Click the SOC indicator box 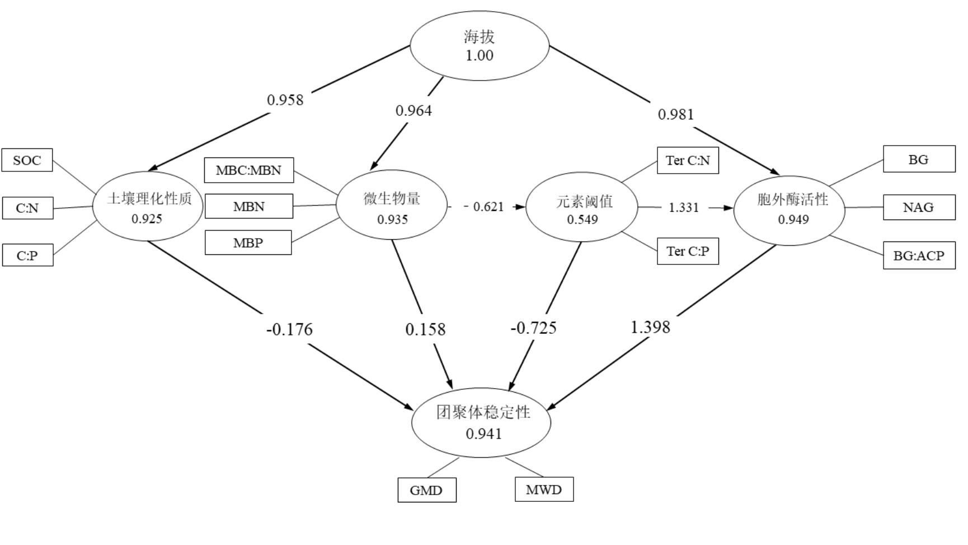tap(27, 160)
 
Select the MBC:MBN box tap(249, 170)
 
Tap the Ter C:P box tap(688, 251)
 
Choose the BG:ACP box tap(919, 255)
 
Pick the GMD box tap(426, 490)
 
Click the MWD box tap(544, 490)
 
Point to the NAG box tap(919, 207)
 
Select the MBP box tap(248, 243)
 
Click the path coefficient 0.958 tap(285, 100)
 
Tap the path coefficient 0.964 tap(413, 110)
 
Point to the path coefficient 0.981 tap(676, 114)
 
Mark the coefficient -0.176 tap(289, 329)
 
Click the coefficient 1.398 tap(650, 327)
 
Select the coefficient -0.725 tap(534, 328)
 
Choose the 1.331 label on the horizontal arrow tap(684, 207)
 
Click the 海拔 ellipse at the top tap(480, 46)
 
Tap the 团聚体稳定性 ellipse tap(481, 422)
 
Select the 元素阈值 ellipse tap(582, 207)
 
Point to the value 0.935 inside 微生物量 tap(392, 220)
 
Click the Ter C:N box tap(688, 161)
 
